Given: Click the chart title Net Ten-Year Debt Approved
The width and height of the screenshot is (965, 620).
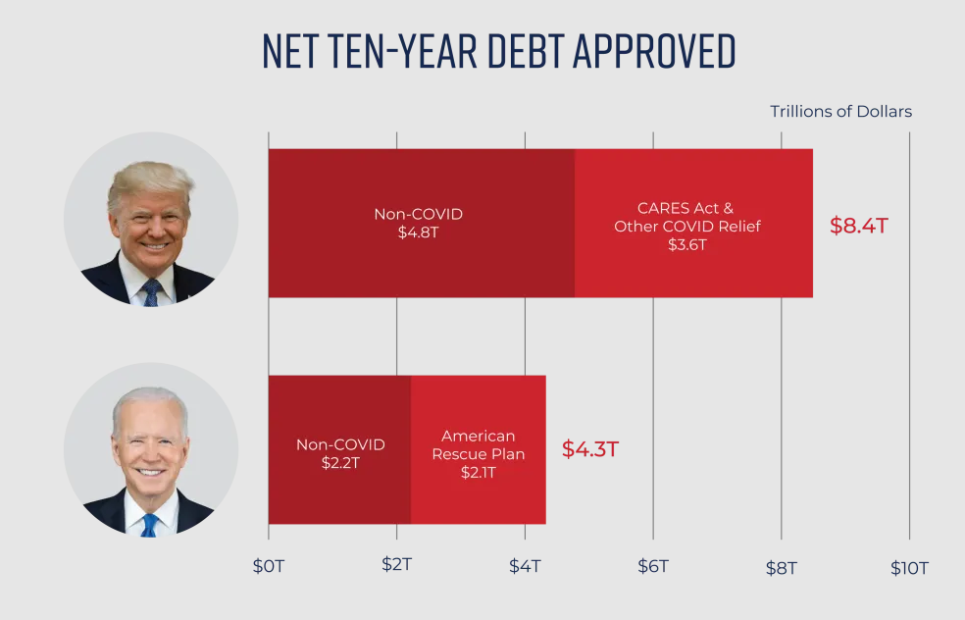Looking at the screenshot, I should point(498,50).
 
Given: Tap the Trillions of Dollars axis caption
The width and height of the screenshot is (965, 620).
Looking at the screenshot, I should point(840,112).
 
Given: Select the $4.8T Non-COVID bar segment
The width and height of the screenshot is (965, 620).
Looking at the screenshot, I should point(421,224).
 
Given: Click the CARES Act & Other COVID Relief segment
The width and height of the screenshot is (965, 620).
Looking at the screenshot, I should point(693,224).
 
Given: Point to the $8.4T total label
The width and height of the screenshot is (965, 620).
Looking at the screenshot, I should point(859,225).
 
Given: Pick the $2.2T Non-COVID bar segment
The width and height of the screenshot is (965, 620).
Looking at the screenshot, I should point(339,450).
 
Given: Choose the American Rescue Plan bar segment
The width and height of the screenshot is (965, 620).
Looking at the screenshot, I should point(478,450).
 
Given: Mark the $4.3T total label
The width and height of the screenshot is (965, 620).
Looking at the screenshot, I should point(589,449).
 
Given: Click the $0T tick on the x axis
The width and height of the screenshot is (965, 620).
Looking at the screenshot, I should point(268,566).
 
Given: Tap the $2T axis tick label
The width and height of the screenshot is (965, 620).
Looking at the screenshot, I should point(396,566).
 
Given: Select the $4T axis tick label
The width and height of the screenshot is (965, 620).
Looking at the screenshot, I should point(525,566).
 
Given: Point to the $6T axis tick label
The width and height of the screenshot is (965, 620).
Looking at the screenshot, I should point(653,566).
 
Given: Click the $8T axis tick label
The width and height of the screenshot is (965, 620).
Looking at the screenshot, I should point(782,567).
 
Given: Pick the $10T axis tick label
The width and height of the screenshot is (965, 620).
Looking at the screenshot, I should point(909,567).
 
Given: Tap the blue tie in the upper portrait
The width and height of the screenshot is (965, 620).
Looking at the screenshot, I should point(151,291).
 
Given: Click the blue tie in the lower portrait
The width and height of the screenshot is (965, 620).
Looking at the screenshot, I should point(149,524).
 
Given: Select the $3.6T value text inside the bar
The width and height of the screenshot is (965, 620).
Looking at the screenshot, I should point(687,244).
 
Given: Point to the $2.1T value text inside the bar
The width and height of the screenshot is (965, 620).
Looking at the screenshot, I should point(478,472).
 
